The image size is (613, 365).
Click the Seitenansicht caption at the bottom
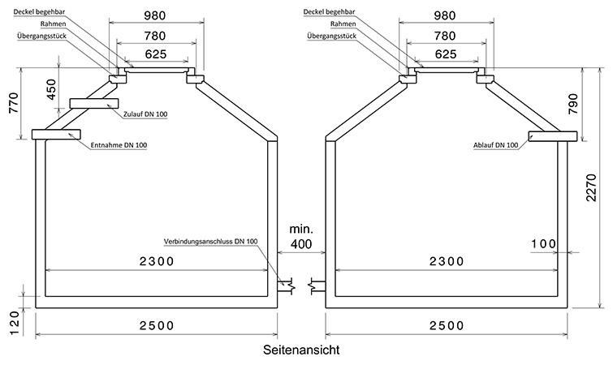click(301, 350)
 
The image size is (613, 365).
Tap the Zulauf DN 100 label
click(145, 114)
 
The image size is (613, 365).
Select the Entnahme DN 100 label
click(119, 145)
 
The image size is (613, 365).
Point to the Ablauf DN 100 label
click(496, 145)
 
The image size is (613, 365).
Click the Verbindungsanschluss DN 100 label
click(211, 241)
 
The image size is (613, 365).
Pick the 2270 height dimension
click(592, 187)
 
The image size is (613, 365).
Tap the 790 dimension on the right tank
click(572, 105)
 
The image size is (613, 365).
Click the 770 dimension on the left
click(14, 103)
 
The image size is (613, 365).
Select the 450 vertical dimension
click(51, 89)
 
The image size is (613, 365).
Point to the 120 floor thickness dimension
click(14, 323)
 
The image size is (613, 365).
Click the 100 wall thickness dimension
click(543, 244)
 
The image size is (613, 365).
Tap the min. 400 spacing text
click(301, 237)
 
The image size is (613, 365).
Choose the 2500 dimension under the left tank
click(157, 325)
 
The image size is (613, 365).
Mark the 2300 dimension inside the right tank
click(447, 260)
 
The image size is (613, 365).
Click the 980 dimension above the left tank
click(155, 15)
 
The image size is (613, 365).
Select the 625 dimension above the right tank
click(445, 54)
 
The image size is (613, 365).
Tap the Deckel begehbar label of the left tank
click(39, 11)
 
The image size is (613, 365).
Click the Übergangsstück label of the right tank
click(331, 36)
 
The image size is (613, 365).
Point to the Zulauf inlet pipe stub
click(94, 103)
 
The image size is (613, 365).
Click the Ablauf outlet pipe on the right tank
click(553, 135)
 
